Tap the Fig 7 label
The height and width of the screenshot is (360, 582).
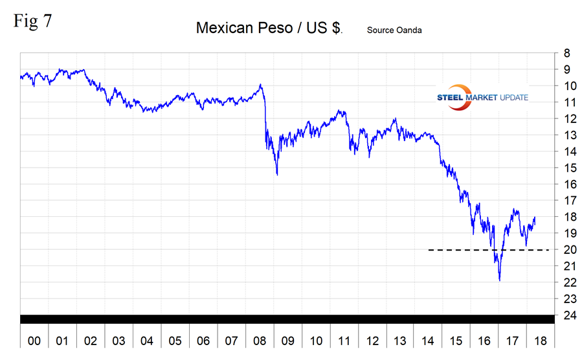32,21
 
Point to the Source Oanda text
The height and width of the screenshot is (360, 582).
394,30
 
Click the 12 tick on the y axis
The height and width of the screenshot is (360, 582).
566,118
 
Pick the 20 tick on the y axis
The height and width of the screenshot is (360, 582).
566,250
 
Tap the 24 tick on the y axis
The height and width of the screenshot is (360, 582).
566,315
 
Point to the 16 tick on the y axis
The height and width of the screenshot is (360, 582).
566,184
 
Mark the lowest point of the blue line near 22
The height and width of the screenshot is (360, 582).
500,280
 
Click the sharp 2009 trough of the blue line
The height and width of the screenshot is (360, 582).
277,174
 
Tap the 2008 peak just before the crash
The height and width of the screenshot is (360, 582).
260,85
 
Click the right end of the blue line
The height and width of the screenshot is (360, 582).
535,218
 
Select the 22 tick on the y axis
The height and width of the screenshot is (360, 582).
566,282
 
